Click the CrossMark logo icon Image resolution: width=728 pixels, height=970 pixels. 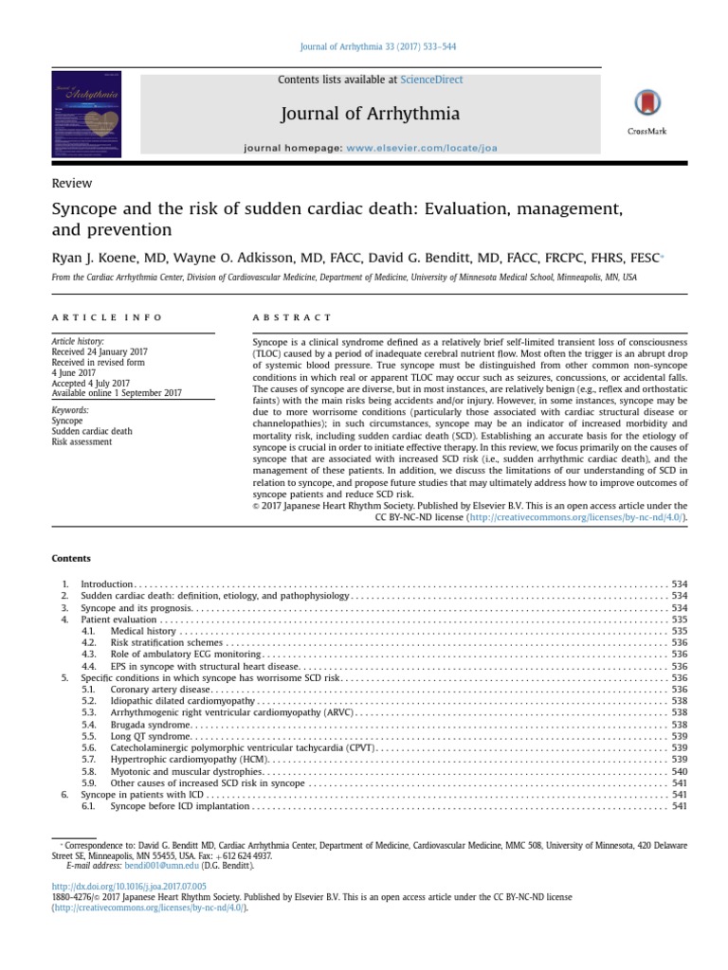pos(646,105)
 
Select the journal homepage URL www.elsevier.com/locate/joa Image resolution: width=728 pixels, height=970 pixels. pos(422,149)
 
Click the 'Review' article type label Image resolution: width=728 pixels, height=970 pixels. pos(72,183)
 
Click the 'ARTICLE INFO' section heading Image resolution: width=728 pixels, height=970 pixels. pos(107,317)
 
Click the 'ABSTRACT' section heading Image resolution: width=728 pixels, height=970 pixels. pos(293,317)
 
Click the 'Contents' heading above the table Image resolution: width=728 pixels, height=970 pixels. pos(71,558)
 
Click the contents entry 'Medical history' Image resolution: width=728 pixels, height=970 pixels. pos(143,630)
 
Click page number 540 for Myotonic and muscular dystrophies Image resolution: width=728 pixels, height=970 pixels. pos(678,772)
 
